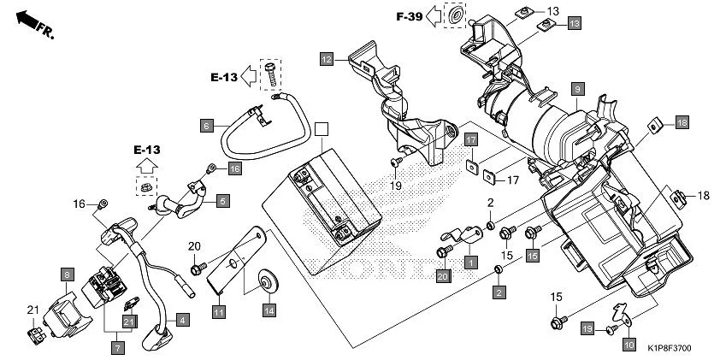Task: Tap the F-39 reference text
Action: [x=410, y=16]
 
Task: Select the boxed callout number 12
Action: [x=327, y=59]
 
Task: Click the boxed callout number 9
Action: [x=578, y=89]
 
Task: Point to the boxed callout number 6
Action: [x=206, y=125]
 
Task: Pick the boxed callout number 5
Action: [x=222, y=202]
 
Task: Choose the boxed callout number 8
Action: [x=65, y=274]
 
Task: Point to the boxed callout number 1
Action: [x=470, y=262]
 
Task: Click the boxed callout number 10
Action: [x=629, y=345]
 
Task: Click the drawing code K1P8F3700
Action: [x=675, y=349]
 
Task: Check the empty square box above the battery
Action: [x=321, y=129]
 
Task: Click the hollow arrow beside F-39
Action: [x=435, y=15]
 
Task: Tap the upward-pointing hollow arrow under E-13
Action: [x=146, y=162]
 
